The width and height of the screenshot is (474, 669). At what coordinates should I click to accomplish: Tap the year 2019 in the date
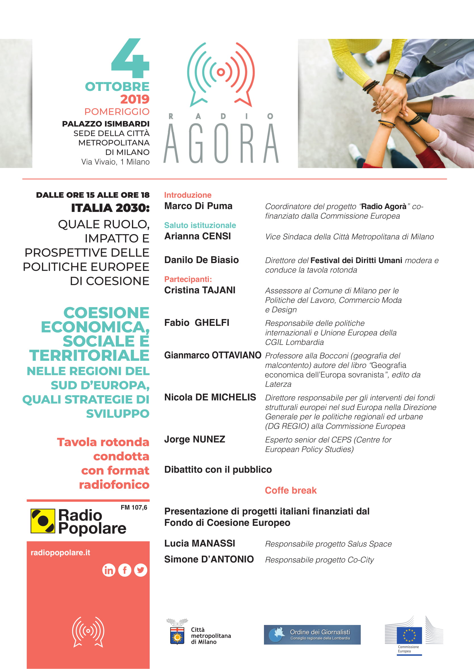pos(135,99)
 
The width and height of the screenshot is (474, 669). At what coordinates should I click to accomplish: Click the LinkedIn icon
pos(109,570)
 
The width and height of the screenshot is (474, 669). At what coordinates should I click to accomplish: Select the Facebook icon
pos(125,570)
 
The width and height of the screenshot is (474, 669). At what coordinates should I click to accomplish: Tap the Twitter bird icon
pos(141,570)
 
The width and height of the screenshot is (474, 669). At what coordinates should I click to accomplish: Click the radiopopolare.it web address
pos(60,553)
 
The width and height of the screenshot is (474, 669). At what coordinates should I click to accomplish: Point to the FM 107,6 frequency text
pos(134,507)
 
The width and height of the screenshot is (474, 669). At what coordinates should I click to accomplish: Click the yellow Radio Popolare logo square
pos(43,521)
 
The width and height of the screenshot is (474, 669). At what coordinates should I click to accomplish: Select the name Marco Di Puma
pos(198,206)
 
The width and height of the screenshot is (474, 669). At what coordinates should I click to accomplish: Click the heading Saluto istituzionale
pos(200,225)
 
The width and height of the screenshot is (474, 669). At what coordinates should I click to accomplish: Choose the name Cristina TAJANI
pos(200,290)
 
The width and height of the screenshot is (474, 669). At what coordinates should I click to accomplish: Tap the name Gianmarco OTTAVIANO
pos(213,355)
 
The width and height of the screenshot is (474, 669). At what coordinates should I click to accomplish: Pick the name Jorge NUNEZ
pos(195,439)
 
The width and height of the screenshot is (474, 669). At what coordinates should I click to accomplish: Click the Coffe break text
pos(290,490)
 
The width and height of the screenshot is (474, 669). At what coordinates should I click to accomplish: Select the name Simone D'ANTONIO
pos(209,559)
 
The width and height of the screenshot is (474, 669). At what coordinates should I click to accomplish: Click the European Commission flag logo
pos(409,635)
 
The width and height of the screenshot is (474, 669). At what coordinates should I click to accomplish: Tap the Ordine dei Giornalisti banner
pos(312,635)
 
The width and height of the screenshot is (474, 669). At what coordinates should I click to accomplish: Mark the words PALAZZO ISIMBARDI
pos(106,124)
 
